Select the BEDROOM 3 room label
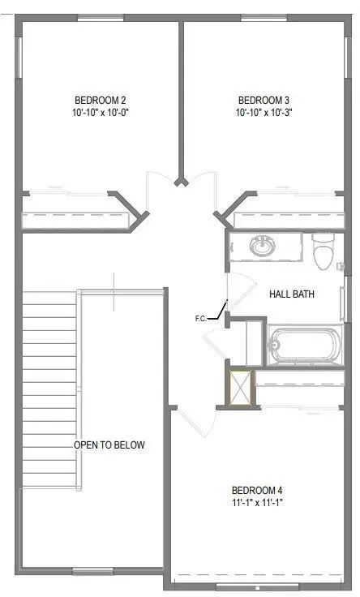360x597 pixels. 264,101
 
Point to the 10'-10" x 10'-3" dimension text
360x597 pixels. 264,113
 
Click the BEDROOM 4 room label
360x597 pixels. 257,490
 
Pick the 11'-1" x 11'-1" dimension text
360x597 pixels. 257,502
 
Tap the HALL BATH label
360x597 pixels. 292,294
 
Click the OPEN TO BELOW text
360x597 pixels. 109,445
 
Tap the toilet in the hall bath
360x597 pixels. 324,252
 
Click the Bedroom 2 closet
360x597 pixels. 77,219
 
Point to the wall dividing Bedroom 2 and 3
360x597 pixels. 182,97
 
